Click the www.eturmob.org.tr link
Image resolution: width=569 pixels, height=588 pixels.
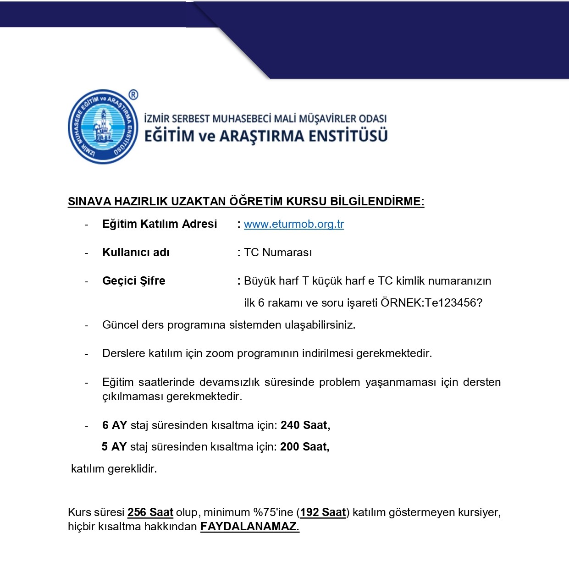(293, 224)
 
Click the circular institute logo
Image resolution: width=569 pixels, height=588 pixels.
(103, 127)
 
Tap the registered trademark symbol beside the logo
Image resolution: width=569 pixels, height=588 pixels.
(133, 95)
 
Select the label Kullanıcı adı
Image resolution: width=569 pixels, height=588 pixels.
(136, 253)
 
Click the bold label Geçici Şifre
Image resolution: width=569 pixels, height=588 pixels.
(133, 281)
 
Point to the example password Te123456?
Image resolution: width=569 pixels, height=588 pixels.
(453, 303)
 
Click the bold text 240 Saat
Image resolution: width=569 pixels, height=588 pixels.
(305, 425)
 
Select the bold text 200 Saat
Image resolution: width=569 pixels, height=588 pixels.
(304, 447)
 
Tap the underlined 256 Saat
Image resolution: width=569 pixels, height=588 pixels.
(150, 512)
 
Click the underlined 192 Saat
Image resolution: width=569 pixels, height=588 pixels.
(323, 512)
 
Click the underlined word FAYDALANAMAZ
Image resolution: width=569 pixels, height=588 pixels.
(249, 527)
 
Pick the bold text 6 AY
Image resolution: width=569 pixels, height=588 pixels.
(114, 425)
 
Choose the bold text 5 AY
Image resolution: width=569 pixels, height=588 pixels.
(114, 447)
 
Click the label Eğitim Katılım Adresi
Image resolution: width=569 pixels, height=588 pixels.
(160, 224)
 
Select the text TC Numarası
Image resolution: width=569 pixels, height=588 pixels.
(278, 253)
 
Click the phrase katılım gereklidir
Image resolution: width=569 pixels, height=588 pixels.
(114, 469)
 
